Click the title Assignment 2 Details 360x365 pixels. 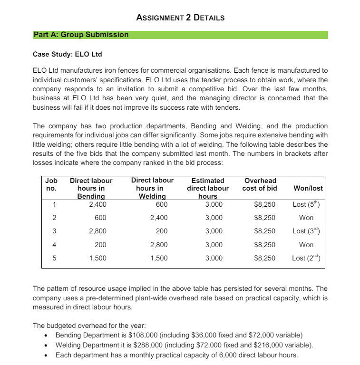click(x=180, y=18)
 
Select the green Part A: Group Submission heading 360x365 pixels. click(x=81, y=35)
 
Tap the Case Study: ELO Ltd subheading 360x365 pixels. click(x=67, y=54)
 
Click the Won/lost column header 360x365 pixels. click(x=308, y=188)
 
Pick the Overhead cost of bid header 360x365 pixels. click(x=260, y=184)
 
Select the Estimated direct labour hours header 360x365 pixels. click(x=208, y=188)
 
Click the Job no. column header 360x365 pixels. click(x=51, y=184)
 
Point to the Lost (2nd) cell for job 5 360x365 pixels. click(x=308, y=258)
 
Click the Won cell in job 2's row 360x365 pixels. click(x=306, y=218)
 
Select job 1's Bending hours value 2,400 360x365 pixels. click(x=97, y=205)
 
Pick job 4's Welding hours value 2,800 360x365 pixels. click(x=157, y=245)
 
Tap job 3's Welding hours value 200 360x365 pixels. click(x=161, y=231)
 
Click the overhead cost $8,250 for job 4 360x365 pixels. click(x=265, y=245)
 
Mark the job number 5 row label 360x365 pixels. click(x=54, y=258)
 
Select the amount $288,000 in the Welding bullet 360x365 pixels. click(x=141, y=345)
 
